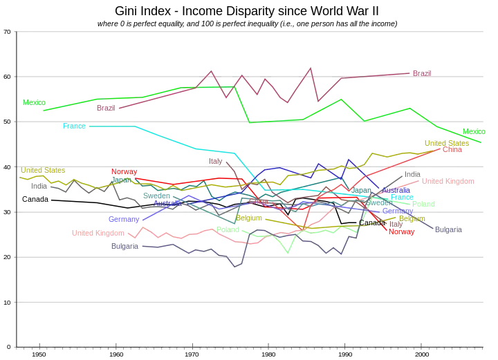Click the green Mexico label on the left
[33, 102]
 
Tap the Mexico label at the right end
[473, 131]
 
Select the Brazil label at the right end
[421, 72]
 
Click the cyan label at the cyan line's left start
[74, 126]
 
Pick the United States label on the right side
[443, 143]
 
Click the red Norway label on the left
[124, 171]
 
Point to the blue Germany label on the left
[122, 220]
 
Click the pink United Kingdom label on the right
[448, 182]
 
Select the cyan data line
[173, 141]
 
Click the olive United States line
[69, 183]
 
